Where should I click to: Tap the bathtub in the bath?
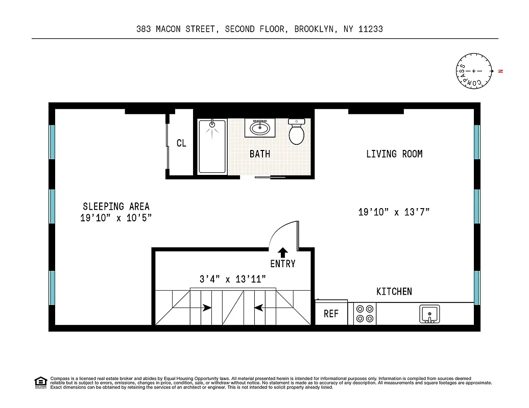(x=212, y=147)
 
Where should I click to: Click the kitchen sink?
(x=429, y=314)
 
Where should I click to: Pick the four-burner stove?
(x=365, y=314)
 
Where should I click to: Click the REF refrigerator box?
(x=331, y=314)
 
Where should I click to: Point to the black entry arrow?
(x=282, y=251)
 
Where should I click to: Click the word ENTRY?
(x=283, y=264)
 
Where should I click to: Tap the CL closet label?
(x=181, y=143)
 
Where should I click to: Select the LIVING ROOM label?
(x=394, y=154)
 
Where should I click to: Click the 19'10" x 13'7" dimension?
(x=394, y=212)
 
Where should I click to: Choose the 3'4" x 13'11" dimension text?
(x=232, y=278)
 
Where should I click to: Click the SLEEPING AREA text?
(x=116, y=206)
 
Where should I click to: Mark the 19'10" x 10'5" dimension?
(x=116, y=218)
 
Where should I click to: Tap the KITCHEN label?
(x=394, y=291)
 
